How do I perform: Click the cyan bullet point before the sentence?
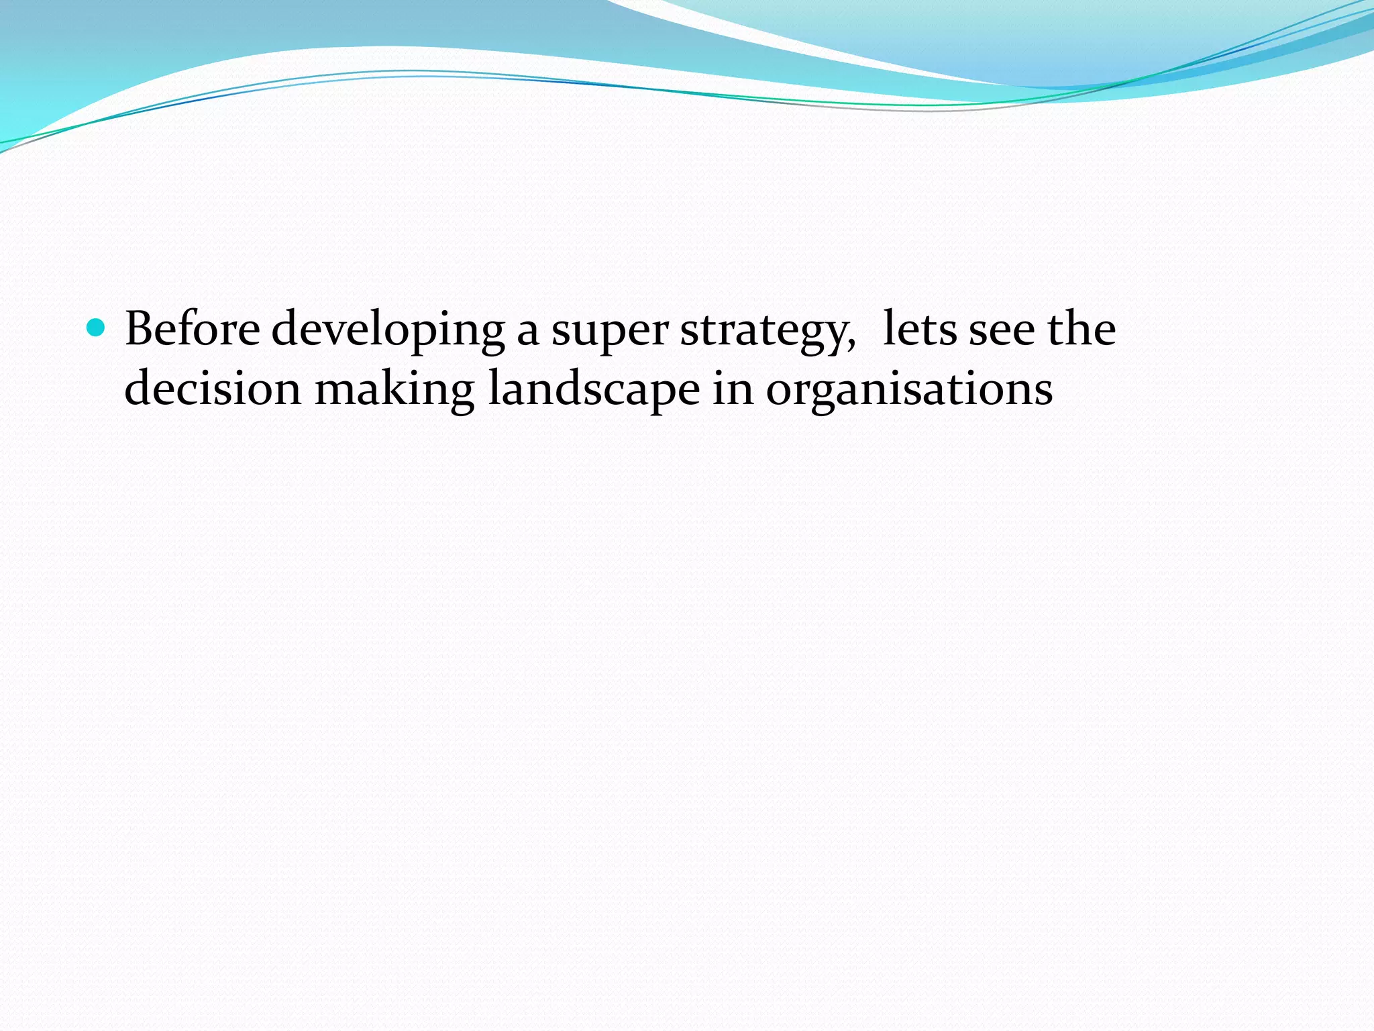click(x=97, y=328)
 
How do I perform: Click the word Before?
click(x=193, y=329)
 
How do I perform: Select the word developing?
click(x=388, y=330)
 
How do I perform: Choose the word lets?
click(x=920, y=329)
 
